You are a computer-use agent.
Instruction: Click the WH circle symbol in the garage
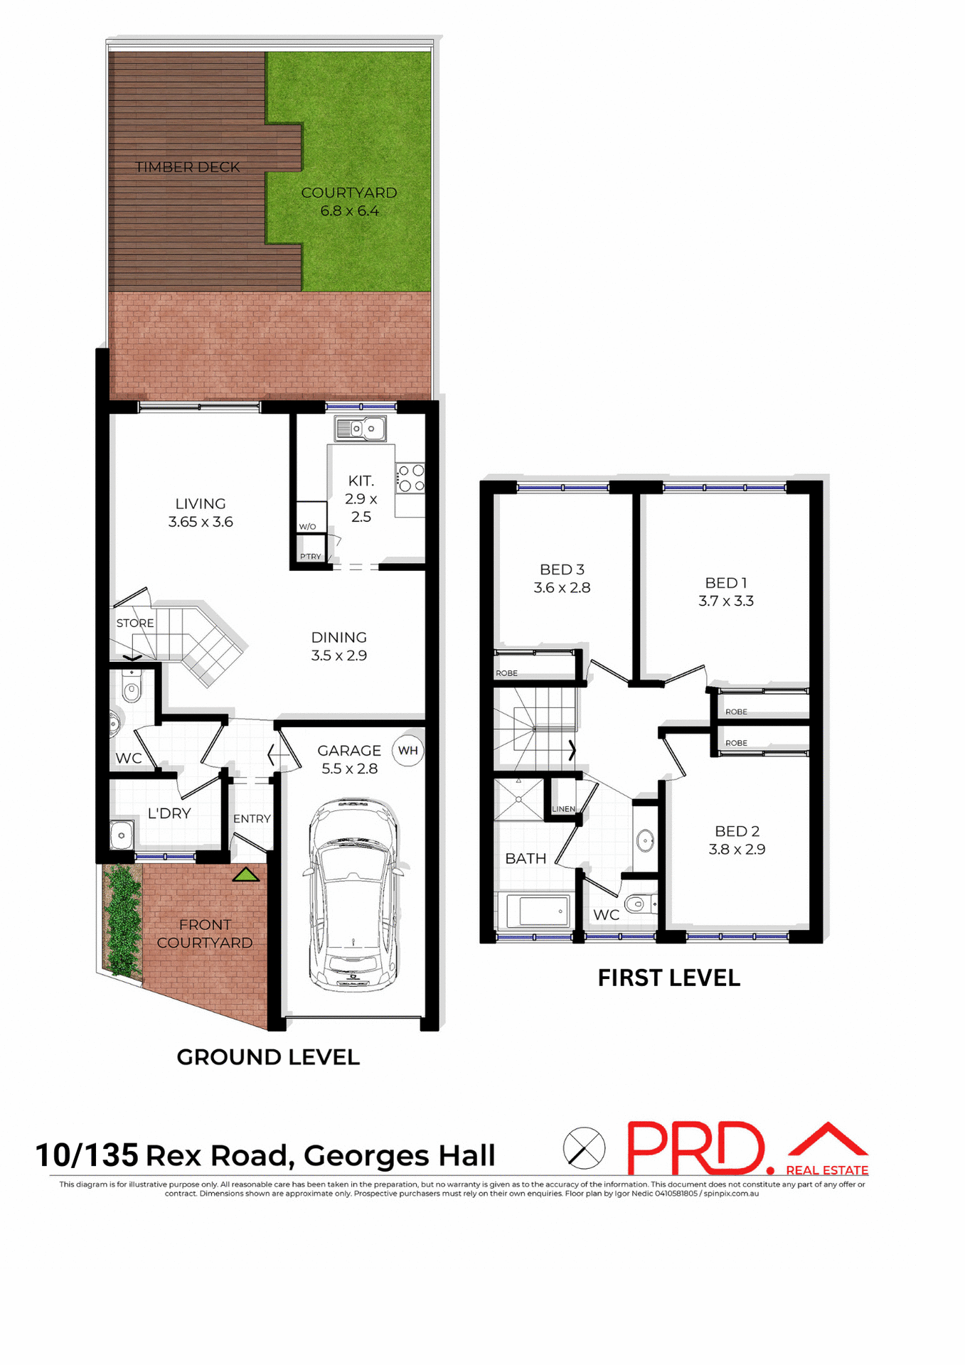click(408, 751)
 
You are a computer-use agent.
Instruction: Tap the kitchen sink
click(361, 429)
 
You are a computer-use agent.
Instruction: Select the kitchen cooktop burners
click(410, 478)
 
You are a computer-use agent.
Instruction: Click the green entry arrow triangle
click(246, 874)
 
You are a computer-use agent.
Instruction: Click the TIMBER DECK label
click(188, 167)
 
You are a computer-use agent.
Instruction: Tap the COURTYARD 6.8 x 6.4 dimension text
click(349, 210)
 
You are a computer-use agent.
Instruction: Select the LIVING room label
click(201, 503)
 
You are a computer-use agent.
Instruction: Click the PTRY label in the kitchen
click(311, 557)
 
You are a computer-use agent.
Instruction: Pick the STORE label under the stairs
click(135, 623)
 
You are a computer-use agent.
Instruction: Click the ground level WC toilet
click(132, 686)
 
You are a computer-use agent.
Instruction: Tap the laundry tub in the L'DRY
click(122, 835)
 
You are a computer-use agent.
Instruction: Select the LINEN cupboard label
click(563, 809)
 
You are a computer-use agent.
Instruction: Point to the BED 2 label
click(737, 831)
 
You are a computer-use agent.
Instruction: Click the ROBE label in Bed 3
click(507, 673)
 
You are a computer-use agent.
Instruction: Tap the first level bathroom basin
click(645, 840)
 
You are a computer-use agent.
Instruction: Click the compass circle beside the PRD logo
click(584, 1148)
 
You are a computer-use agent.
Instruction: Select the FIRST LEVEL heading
click(668, 978)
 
